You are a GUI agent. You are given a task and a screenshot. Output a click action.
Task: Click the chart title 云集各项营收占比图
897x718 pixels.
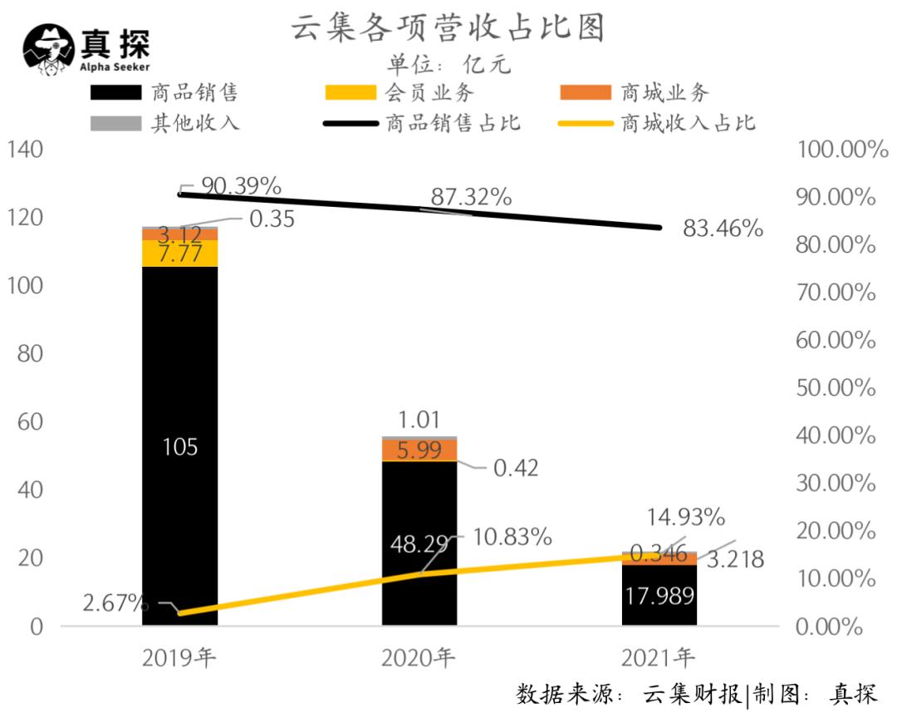pyautogui.click(x=448, y=27)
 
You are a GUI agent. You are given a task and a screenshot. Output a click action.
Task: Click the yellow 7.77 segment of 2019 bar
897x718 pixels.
pyautogui.click(x=179, y=253)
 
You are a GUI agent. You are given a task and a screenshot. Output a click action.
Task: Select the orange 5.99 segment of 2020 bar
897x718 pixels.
pyautogui.click(x=419, y=450)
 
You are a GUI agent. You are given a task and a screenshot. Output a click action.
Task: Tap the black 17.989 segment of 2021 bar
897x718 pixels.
pyautogui.click(x=659, y=595)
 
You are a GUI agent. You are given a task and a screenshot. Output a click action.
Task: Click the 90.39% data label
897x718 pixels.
pyautogui.click(x=242, y=185)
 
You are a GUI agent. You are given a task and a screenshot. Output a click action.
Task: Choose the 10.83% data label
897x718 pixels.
pyautogui.click(x=512, y=537)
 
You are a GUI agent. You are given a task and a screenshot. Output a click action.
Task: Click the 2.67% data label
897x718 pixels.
pyautogui.click(x=115, y=602)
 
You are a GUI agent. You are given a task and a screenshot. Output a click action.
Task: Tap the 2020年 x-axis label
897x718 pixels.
pyautogui.click(x=419, y=659)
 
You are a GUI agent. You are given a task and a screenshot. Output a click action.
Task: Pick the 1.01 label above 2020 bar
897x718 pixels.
pyautogui.click(x=419, y=419)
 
